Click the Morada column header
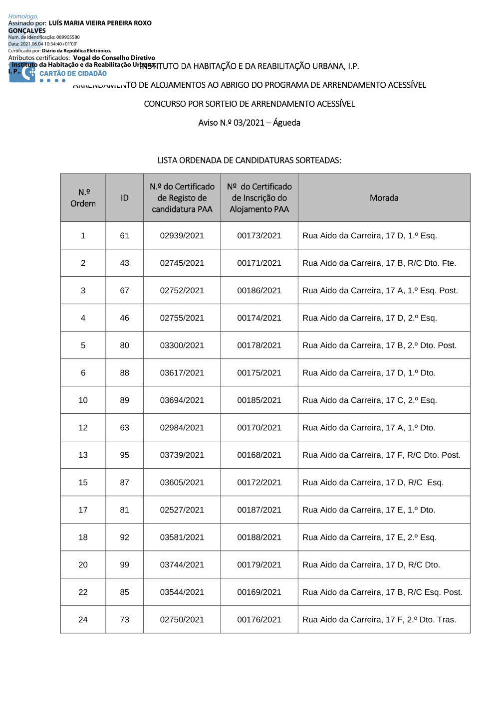384,198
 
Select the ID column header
124,198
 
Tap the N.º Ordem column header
83,198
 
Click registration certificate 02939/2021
182,236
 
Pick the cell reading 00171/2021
259,263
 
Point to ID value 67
124,291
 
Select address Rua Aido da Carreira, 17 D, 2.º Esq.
369,318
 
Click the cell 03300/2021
182,346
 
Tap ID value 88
124,373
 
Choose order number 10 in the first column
83,400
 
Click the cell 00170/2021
259,428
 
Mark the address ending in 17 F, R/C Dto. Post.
381,455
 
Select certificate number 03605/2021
182,483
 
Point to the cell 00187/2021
259,510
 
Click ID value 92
124,537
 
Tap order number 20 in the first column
83,565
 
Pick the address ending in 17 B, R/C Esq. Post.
382,592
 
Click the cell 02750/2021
182,620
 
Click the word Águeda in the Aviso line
286,123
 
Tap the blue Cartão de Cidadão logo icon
22,73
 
